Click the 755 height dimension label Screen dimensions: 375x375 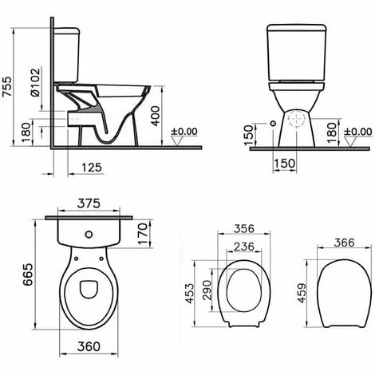pos(7,87)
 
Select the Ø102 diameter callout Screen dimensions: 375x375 pos(35,82)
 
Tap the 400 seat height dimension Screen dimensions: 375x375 pos(156,116)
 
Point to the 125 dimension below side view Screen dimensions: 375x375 pos(92,168)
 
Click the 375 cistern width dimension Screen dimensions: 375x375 pos(89,203)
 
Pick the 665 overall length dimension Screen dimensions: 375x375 pos(28,274)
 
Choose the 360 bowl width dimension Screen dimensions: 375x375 pos(89,346)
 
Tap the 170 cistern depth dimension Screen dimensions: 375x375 pos(143,234)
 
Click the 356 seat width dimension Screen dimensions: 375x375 pos(244,228)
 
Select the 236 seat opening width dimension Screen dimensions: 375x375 pos(244,247)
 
